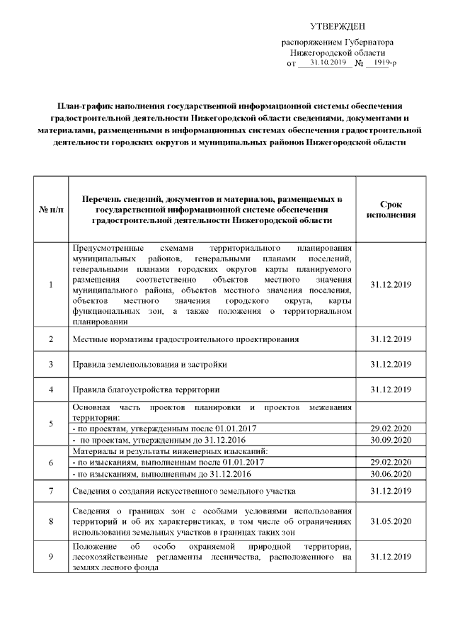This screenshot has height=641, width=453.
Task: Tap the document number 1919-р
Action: [384, 64]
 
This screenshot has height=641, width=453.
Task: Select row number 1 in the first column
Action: [51, 285]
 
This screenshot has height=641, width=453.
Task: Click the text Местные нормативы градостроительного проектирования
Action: [185, 339]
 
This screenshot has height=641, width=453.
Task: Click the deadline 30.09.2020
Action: [391, 440]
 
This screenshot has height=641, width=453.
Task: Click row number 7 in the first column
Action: [51, 491]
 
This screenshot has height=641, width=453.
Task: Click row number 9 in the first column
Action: [51, 556]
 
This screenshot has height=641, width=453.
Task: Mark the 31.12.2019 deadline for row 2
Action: [391, 339]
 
